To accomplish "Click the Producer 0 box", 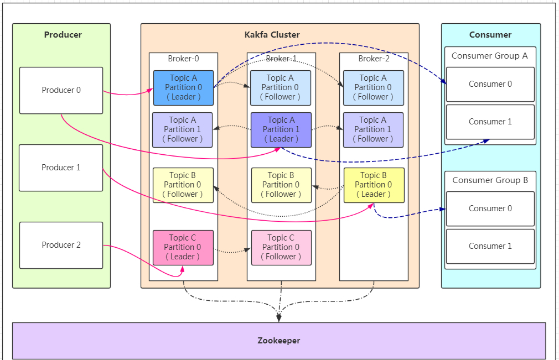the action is (x=61, y=91).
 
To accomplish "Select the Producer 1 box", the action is (x=61, y=168).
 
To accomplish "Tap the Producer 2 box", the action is (x=61, y=246).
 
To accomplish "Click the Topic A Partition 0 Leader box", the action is (x=183, y=87).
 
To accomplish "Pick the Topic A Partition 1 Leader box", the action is (x=281, y=130).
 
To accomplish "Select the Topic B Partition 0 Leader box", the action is (x=374, y=185).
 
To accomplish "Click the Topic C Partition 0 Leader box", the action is (x=183, y=248).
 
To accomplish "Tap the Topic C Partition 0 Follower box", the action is (x=281, y=248).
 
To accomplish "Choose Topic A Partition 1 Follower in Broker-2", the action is (x=373, y=130).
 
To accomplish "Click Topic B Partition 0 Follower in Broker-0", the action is (x=183, y=185).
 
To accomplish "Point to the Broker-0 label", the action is (x=183, y=59).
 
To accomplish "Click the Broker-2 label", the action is (x=374, y=59).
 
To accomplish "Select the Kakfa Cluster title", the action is (x=272, y=34).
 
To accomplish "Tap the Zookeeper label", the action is (x=279, y=341).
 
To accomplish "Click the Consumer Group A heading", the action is (x=489, y=56).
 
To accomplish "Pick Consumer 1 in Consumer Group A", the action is (x=490, y=122).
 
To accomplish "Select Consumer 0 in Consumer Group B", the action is (x=490, y=208).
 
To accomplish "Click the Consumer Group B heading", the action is (x=490, y=180).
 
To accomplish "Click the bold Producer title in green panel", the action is (x=63, y=34).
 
